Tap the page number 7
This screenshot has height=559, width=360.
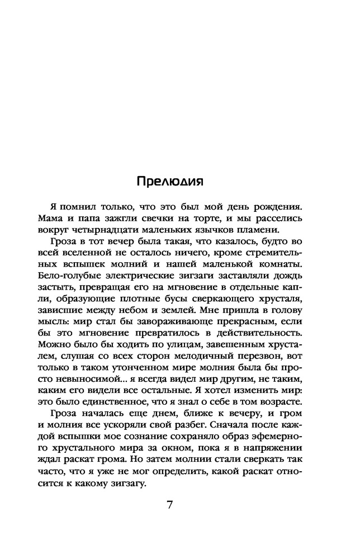169,505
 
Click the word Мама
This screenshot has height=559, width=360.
54,218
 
